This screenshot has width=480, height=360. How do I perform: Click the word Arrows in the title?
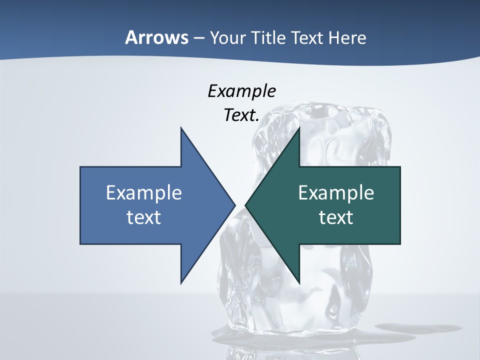(x=156, y=38)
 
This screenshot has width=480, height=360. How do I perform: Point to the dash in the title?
(x=198, y=38)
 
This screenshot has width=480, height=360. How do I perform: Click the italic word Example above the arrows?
(x=242, y=91)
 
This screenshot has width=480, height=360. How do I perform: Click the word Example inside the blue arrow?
(x=144, y=193)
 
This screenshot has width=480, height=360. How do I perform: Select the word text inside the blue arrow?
(x=144, y=217)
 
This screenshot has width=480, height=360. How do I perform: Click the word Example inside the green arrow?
(x=336, y=193)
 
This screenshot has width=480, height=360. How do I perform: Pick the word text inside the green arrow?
(x=336, y=217)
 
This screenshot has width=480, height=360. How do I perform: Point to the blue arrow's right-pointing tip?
(x=234, y=205)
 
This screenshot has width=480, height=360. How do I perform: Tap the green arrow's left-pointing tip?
(x=246, y=205)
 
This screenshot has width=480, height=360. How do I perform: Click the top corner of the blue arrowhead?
(x=181, y=128)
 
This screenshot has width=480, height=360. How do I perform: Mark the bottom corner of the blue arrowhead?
(x=181, y=282)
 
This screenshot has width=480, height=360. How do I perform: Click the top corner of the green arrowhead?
(x=299, y=128)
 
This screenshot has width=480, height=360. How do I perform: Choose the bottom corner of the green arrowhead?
(x=299, y=282)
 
